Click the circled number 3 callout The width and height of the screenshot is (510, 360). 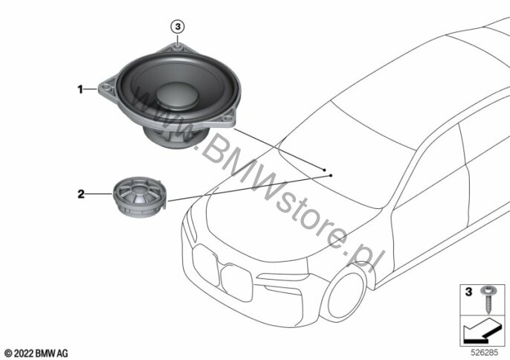point(178,27)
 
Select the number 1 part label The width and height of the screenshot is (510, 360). point(80,89)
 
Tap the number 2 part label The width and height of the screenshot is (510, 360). point(80,194)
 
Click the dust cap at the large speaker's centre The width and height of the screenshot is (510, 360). point(177,95)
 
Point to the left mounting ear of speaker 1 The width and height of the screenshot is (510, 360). point(107,88)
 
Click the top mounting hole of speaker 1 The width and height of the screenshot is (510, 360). point(178,48)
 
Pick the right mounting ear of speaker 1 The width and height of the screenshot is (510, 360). point(229,118)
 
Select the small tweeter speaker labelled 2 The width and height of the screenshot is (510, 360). point(140,196)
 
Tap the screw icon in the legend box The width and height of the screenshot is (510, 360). point(488,300)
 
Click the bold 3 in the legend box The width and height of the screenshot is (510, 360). point(468,292)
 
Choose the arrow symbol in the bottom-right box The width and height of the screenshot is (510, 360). point(482,331)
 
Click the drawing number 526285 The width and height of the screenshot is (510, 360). point(485,353)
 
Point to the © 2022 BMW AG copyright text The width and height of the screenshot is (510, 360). point(36,353)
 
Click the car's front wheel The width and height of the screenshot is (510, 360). point(346,295)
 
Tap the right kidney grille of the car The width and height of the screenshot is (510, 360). point(236,283)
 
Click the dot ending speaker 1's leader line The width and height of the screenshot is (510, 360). point(324,170)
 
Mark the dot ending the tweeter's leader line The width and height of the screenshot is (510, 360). point(331,176)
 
